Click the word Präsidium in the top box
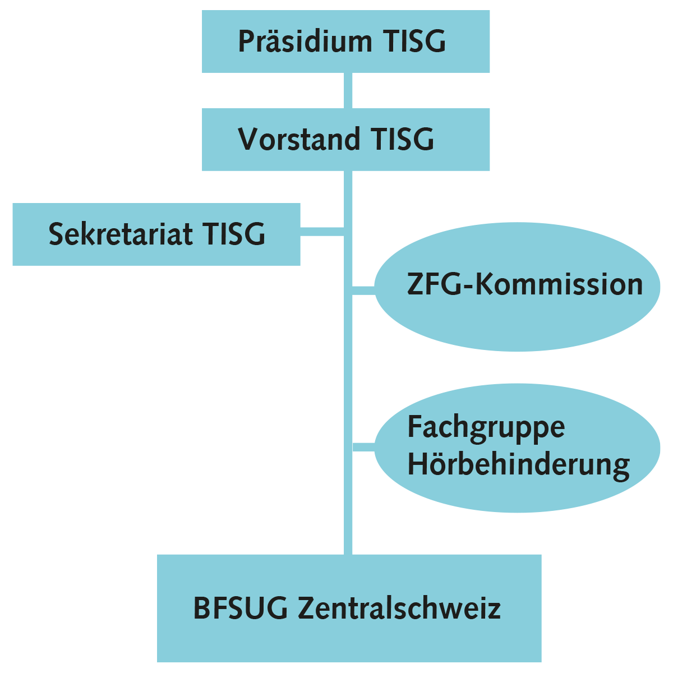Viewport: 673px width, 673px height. coord(305,42)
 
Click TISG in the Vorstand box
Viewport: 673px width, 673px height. coord(403,139)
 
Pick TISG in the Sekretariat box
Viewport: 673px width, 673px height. coord(234,234)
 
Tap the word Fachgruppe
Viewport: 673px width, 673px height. coord(486,427)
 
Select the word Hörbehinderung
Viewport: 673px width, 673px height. coord(518,464)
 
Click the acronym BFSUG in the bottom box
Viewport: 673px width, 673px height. coord(241,608)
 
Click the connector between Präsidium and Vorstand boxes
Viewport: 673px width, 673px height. coord(348,90)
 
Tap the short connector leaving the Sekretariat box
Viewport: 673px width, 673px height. coord(322,231)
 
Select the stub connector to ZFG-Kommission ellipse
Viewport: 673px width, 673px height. coord(363,290)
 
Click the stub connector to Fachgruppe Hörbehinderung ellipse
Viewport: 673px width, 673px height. coord(363,446)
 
